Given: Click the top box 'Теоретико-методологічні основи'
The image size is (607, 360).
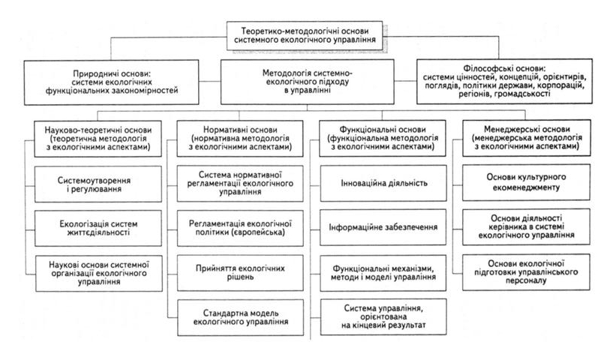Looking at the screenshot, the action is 305,35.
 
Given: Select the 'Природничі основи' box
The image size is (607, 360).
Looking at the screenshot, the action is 112,82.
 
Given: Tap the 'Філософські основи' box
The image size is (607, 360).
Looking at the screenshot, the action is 504,81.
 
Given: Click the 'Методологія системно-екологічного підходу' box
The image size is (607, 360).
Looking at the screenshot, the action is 308,82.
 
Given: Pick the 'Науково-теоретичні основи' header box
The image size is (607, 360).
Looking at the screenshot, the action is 98,139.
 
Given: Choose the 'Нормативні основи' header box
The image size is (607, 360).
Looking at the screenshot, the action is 240,138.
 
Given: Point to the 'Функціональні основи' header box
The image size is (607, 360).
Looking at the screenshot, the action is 383,138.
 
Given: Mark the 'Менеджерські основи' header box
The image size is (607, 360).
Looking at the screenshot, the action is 527,138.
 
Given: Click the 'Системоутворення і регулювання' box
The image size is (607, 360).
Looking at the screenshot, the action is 98,184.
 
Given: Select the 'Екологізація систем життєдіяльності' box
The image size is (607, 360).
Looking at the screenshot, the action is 98,229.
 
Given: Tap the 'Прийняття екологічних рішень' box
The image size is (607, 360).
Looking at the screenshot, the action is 240,272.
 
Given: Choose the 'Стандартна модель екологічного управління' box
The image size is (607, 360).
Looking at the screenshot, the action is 240,317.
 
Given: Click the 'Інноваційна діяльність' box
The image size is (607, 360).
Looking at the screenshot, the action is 383,183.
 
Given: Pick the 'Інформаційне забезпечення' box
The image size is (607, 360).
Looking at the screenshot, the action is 383,227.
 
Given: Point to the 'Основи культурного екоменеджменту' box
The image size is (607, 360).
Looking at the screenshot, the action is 526,182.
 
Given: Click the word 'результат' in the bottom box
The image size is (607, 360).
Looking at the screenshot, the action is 407,325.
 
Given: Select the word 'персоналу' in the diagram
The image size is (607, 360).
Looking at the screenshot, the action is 526,280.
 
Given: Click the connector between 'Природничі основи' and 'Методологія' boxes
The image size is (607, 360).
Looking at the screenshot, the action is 210,81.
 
